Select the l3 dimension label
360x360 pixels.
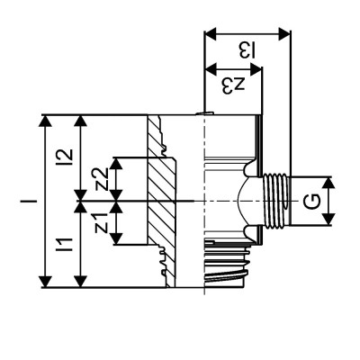click(x=247, y=49)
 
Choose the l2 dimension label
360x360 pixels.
click(x=63, y=156)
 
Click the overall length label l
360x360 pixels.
click(x=27, y=200)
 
